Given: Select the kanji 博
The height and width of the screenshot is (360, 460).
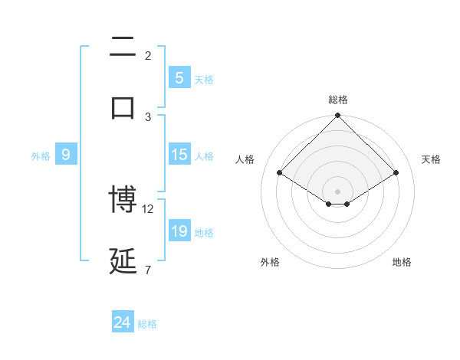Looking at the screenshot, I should [123, 200].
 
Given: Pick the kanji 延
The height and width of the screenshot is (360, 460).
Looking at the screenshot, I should [123, 261].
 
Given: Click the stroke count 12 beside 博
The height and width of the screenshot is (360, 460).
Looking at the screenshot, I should [148, 208].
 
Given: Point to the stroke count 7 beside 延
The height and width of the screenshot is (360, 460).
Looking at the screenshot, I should [147, 270].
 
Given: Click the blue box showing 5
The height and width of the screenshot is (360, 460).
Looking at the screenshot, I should [179, 78].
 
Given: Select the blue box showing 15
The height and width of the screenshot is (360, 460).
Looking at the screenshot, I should [179, 155].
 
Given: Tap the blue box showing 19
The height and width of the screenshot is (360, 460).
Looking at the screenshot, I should [179, 231].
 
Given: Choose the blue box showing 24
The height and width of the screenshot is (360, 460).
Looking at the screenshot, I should [123, 323].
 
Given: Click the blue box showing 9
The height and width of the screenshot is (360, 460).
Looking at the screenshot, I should [66, 155].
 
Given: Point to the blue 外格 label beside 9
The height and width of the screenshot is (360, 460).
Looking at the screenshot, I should [41, 155].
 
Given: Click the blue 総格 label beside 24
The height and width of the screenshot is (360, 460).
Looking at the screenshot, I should [147, 324].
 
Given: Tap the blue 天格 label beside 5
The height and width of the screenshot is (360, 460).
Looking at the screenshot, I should [204, 79].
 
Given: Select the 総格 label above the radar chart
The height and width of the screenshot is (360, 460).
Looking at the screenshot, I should [338, 100].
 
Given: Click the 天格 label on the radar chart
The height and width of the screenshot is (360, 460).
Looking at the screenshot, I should [432, 159].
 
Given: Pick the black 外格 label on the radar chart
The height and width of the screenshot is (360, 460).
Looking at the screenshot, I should [270, 262].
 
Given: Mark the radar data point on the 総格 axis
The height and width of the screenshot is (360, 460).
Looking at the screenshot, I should [338, 116].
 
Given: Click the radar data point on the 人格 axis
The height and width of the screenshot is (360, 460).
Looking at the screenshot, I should [280, 172].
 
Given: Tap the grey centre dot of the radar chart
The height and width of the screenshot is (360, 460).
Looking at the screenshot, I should [338, 191].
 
